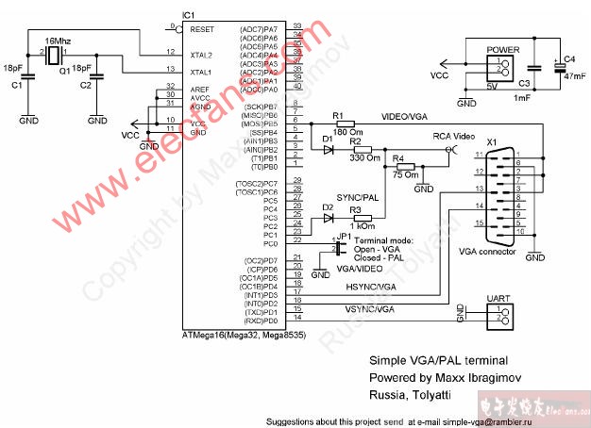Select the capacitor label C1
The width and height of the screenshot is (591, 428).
16,85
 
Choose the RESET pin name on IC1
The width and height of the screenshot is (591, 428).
202,29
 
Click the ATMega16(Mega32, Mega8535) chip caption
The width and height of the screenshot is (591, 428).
243,335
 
